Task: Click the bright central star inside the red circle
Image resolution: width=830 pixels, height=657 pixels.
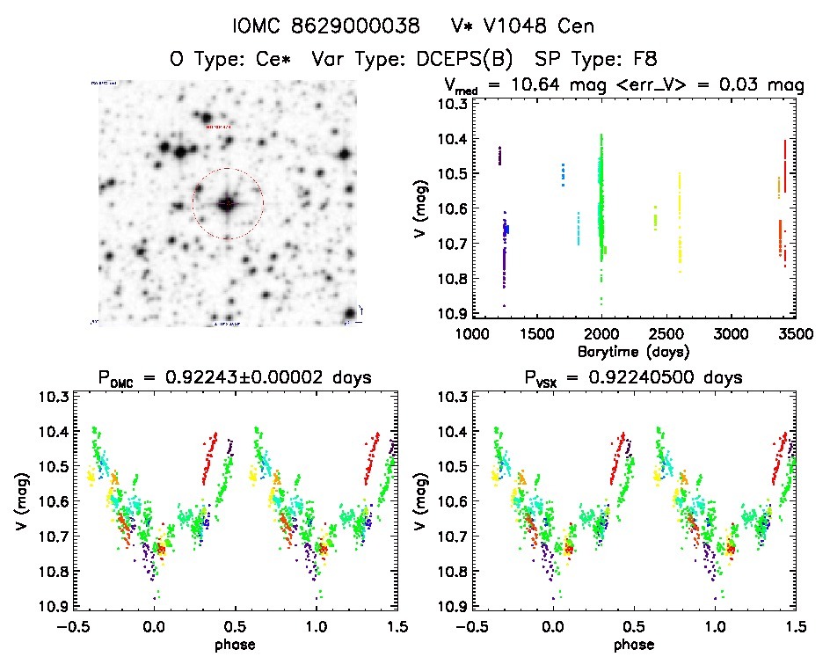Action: coord(228,204)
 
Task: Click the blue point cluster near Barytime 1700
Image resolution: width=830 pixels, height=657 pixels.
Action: coord(564,174)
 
